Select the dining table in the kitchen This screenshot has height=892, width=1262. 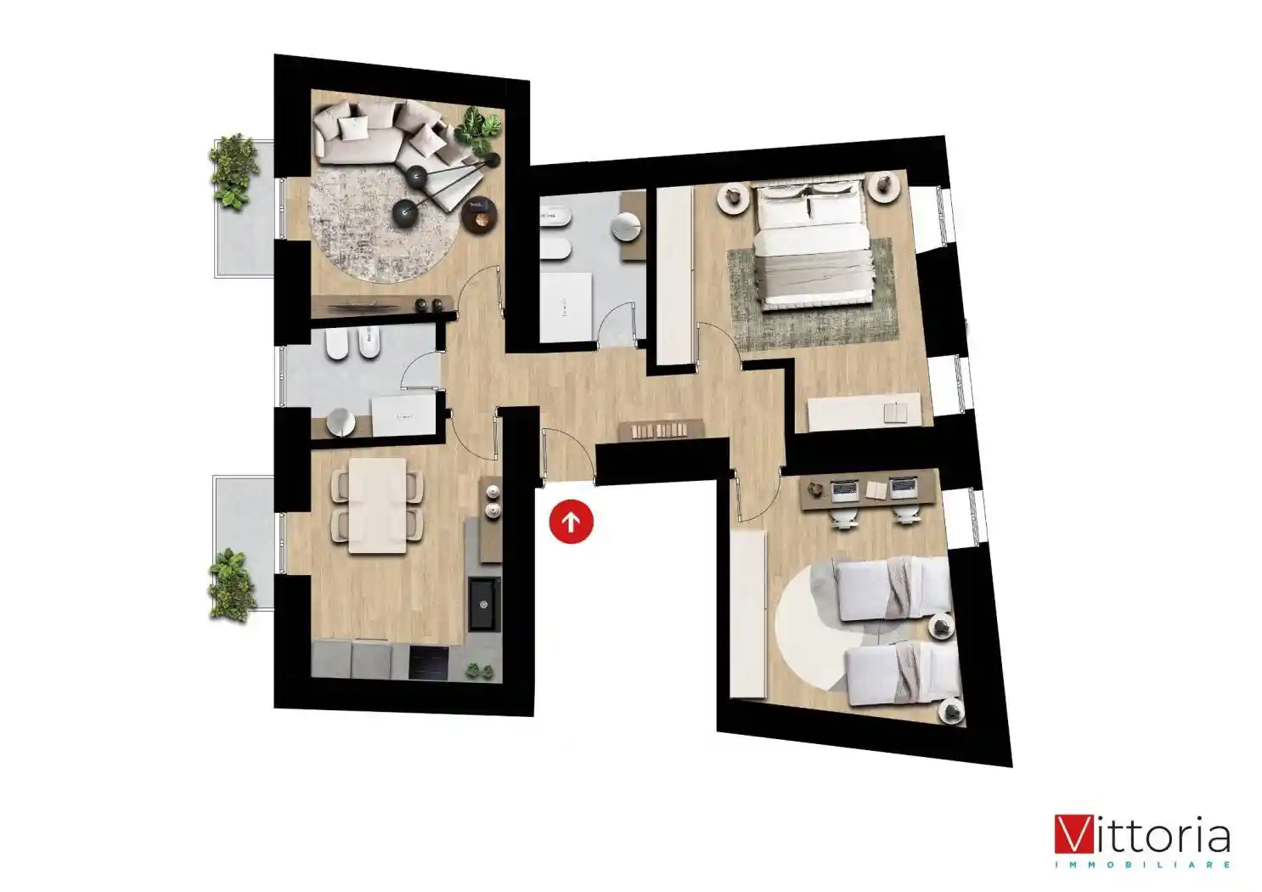point(377,505)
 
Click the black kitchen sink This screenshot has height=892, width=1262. point(485,603)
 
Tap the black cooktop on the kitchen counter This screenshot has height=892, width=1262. point(429,663)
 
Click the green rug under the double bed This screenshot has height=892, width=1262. point(811,294)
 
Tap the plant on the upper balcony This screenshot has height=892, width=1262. point(233,172)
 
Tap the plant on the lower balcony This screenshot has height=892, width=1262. point(231,585)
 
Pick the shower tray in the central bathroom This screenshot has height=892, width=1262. point(566,307)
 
